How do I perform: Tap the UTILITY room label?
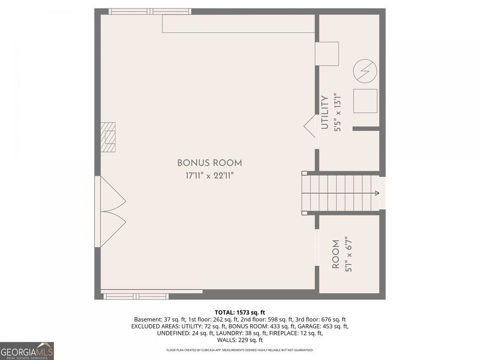click(x=324, y=113)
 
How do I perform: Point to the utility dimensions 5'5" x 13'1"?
click(x=337, y=113)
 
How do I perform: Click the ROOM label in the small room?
click(x=335, y=254)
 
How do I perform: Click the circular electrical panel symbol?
click(x=365, y=71)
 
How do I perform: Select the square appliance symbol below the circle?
click(x=365, y=101)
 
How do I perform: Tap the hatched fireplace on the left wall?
click(x=108, y=137)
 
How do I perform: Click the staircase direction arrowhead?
click(x=377, y=193)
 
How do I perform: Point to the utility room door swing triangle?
click(x=310, y=126)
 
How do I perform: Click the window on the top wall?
click(x=150, y=11)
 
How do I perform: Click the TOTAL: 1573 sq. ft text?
click(x=239, y=313)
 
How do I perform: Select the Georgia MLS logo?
click(x=27, y=351)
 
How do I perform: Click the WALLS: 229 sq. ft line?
click(x=239, y=340)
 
